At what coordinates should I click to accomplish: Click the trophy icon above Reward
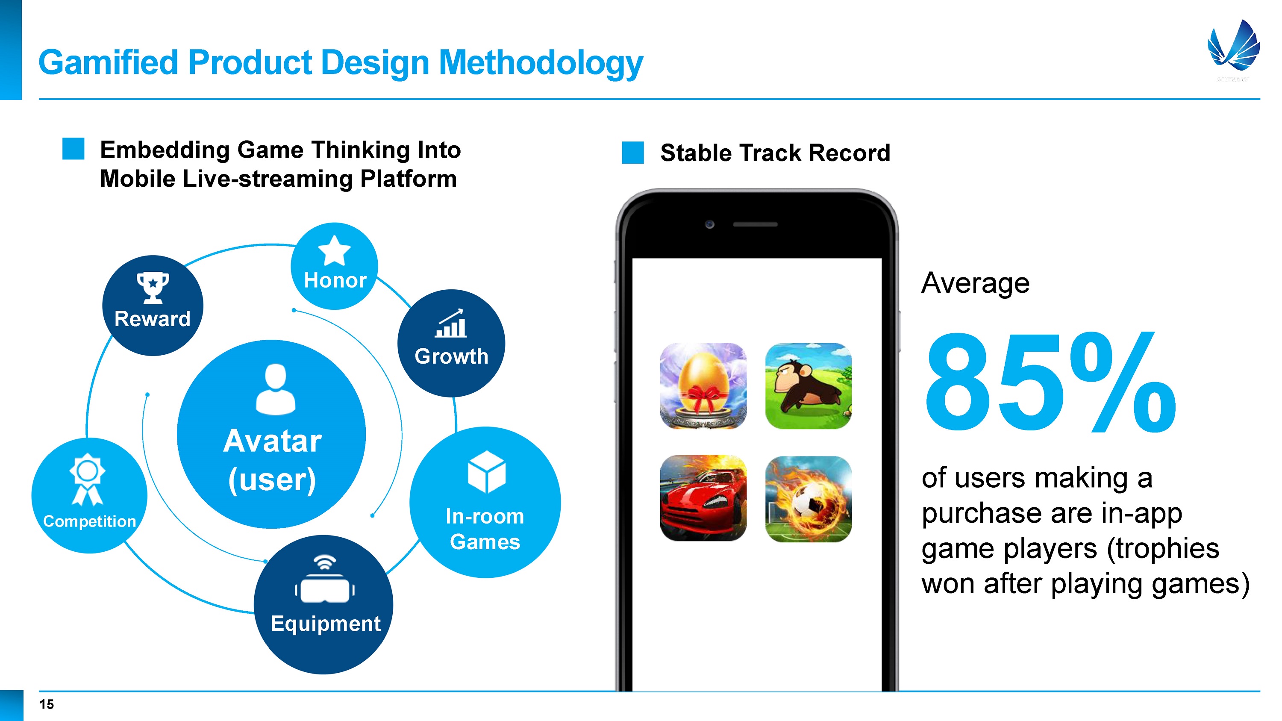[x=153, y=288]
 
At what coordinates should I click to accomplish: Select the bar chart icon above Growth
[x=451, y=324]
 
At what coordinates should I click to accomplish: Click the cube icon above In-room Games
[x=487, y=472]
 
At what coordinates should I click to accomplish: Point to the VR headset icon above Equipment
[x=324, y=580]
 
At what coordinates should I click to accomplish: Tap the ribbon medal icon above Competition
[x=88, y=479]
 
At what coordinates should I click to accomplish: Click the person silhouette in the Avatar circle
[x=275, y=389]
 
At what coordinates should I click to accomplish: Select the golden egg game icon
[x=703, y=386]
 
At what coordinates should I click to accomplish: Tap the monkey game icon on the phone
[x=808, y=386]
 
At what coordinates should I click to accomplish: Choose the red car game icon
[x=703, y=498]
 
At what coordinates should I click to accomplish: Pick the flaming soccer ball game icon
[x=808, y=499]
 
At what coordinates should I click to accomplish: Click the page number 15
[x=47, y=704]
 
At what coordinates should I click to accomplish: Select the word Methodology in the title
[x=541, y=63]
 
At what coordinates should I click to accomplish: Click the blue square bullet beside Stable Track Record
[x=632, y=152]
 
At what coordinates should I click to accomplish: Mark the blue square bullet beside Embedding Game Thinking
[x=73, y=149]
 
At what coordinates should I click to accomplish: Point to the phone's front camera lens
[x=710, y=224]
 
